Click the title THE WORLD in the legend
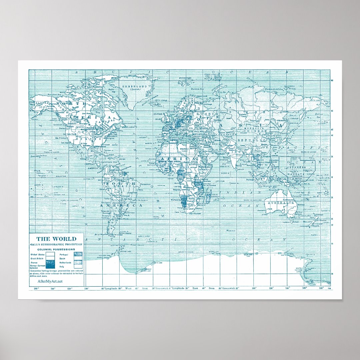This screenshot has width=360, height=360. [56, 239]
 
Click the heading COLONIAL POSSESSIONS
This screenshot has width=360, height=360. [56, 249]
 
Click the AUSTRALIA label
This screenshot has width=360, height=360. [279, 203]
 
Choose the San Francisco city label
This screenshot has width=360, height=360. [62, 138]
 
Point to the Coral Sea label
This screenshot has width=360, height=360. [298, 192]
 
